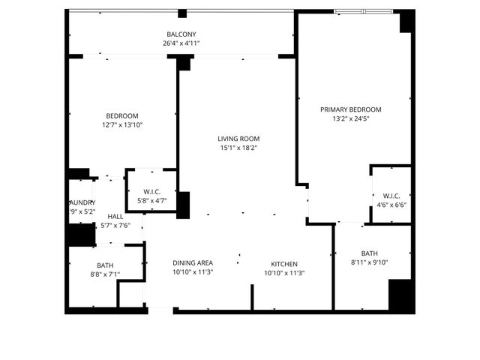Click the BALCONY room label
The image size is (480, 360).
point(181,34)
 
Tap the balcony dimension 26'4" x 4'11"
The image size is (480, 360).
point(181,43)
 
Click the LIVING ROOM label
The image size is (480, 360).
point(238,139)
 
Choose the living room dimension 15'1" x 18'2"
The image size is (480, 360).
point(238,148)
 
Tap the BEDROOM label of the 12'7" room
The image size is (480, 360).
point(122,115)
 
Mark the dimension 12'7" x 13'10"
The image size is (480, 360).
point(122,124)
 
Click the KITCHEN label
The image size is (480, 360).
point(284,264)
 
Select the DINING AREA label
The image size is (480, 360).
point(193,263)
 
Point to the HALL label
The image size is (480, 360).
point(115,217)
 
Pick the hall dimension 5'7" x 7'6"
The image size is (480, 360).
point(115,225)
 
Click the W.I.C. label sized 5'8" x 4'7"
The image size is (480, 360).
point(151,191)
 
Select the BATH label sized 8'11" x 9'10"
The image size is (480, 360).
point(369,253)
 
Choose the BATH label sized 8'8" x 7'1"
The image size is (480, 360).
point(105,265)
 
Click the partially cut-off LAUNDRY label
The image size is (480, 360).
point(82,202)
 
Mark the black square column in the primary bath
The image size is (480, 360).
point(400,295)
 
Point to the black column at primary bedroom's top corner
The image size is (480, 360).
point(406,21)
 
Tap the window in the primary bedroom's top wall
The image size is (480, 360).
point(362,11)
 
